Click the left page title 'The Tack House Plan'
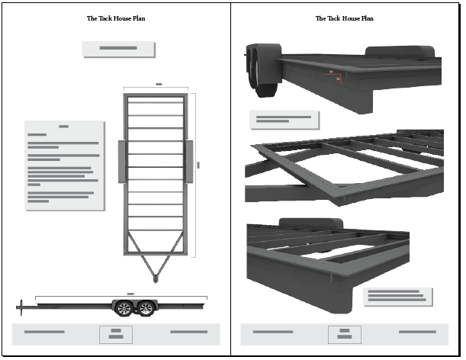pyautogui.click(x=117, y=18)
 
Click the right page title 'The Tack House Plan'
pyautogui.click(x=345, y=18)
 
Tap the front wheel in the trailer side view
pyautogui.click(x=123, y=309)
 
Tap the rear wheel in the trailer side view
pyautogui.click(x=146, y=309)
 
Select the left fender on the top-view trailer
pyautogui.click(x=121, y=162)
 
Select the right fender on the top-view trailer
pyautogui.click(x=189, y=162)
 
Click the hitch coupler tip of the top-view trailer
pyautogui.click(x=156, y=279)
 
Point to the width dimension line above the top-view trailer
pyautogui.click(x=156, y=88)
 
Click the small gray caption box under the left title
pyautogui.click(x=118, y=49)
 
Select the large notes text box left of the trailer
pyautogui.click(x=64, y=165)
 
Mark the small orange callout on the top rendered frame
pyautogui.click(x=333, y=74)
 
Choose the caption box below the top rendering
pyautogui.click(x=284, y=120)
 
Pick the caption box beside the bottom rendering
pyautogui.click(x=397, y=296)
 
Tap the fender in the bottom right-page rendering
pyautogui.click(x=305, y=223)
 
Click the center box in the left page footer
pyautogui.click(x=116, y=334)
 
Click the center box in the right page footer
pyautogui.click(x=344, y=334)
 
